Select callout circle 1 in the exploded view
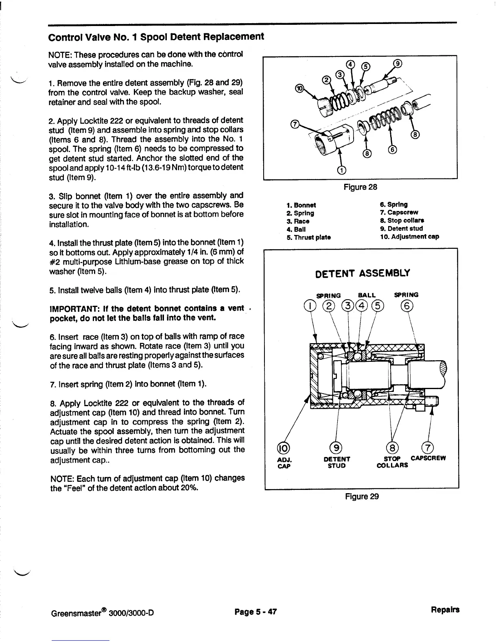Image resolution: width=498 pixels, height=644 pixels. (x=342, y=170)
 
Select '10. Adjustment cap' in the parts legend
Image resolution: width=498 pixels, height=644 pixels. (x=409, y=236)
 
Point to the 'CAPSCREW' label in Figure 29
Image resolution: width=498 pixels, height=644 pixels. (x=428, y=458)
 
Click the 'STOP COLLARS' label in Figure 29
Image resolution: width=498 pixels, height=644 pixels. (x=393, y=461)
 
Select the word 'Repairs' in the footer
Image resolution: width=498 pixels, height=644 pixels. (x=446, y=609)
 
